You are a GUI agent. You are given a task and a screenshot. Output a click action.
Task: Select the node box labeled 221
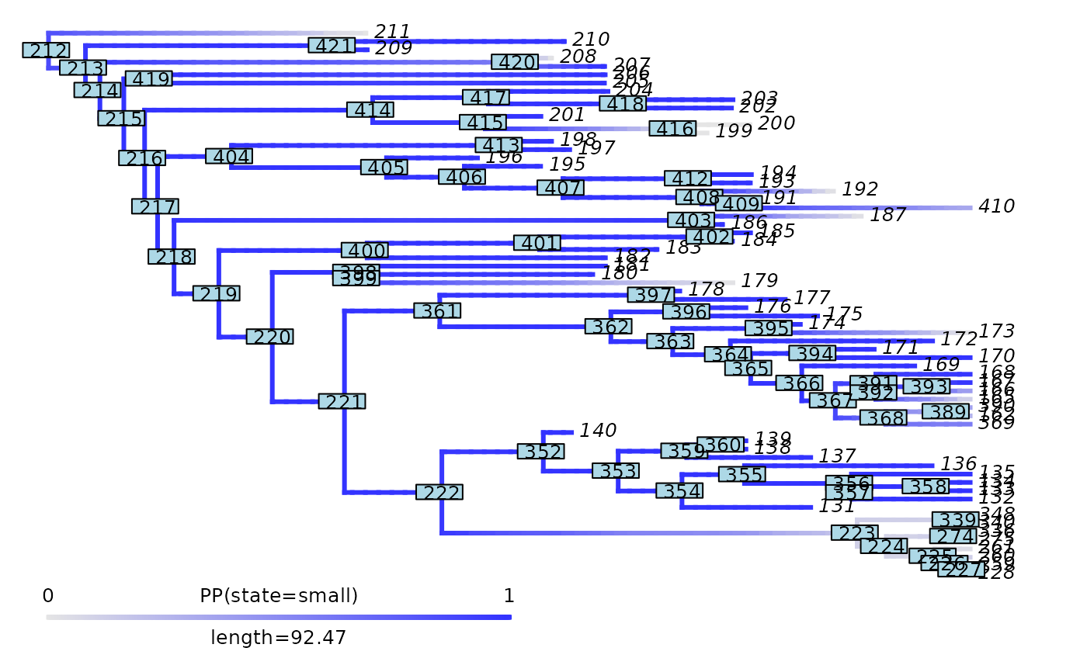click(342, 402)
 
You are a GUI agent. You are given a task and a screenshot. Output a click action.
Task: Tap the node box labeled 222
click(439, 493)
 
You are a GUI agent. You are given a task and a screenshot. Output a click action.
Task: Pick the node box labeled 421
click(332, 46)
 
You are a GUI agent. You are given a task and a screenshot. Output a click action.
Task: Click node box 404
click(229, 157)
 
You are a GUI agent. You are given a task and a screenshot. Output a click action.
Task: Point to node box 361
click(437, 311)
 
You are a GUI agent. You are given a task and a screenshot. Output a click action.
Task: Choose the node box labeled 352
click(541, 452)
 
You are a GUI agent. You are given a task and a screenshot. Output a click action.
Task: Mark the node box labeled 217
click(155, 206)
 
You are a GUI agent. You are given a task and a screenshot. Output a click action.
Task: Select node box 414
click(370, 110)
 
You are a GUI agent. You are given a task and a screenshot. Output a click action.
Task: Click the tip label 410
click(997, 206)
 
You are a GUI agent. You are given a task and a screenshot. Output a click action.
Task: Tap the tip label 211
click(392, 32)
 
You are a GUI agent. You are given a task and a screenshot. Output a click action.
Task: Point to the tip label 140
click(598, 431)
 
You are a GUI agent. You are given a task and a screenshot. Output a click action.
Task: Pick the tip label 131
click(837, 506)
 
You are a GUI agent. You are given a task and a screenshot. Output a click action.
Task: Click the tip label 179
click(759, 280)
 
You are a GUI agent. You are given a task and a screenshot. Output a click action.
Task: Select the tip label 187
click(888, 215)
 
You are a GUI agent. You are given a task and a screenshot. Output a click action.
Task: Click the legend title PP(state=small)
click(279, 596)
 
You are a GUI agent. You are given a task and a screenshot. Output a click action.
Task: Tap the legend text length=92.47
click(279, 638)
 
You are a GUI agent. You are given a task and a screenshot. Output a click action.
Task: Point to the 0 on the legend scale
click(48, 596)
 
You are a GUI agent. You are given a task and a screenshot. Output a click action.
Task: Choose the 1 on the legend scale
click(509, 596)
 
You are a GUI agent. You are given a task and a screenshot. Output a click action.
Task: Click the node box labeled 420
click(515, 62)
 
